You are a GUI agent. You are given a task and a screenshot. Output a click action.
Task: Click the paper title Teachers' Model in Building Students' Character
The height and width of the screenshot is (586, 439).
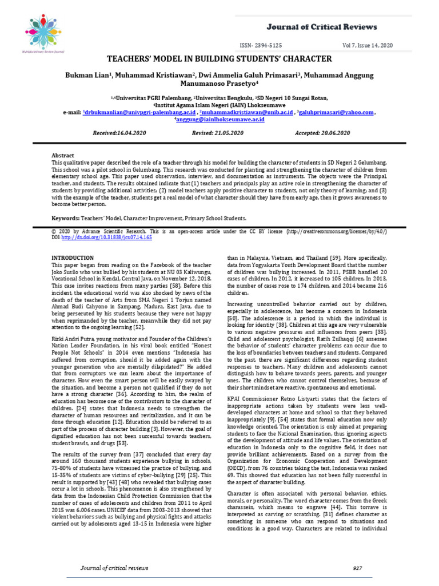pyautogui.click(x=219, y=59)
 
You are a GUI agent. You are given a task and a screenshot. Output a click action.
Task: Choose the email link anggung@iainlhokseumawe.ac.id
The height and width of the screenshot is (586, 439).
pyautogui.click(x=219, y=120)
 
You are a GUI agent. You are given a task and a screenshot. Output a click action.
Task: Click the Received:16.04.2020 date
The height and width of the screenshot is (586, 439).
pyautogui.click(x=119, y=133)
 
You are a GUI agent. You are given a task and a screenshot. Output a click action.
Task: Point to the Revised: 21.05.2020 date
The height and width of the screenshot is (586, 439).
pyautogui.click(x=218, y=133)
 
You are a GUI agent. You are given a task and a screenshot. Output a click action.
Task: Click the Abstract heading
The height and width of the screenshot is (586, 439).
pyautogui.click(x=63, y=155)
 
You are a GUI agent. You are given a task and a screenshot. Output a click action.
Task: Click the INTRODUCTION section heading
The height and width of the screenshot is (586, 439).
pyautogui.click(x=73, y=258)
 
